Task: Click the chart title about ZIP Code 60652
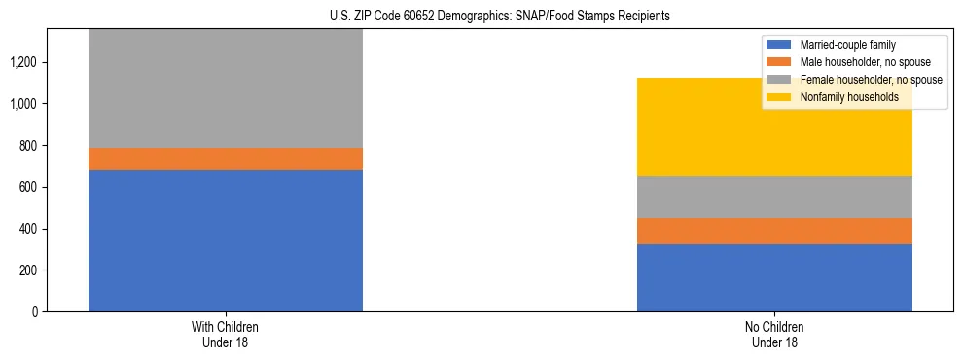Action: point(481,17)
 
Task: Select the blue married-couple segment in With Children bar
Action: point(226,240)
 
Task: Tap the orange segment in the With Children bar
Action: point(226,159)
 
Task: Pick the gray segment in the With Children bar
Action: point(226,89)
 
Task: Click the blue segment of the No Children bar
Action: point(774,277)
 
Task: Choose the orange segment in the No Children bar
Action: point(774,231)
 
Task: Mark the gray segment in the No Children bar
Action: point(774,197)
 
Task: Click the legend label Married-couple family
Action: point(847,45)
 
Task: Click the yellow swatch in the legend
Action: point(779,97)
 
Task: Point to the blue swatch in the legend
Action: point(779,45)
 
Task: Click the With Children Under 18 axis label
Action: point(226,335)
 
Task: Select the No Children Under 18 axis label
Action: point(774,335)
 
